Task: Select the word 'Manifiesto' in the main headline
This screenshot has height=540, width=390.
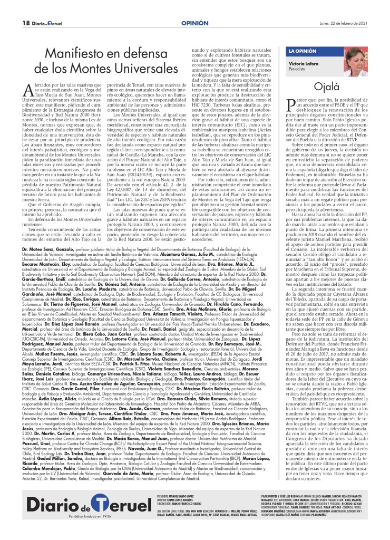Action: (x=76, y=53)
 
